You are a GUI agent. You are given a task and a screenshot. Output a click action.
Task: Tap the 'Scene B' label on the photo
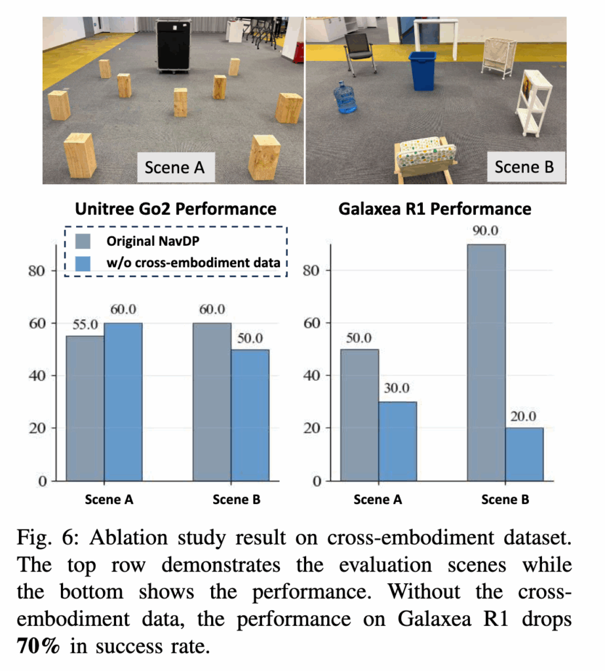(524, 166)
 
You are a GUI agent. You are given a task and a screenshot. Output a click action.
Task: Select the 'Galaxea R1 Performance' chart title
(435, 209)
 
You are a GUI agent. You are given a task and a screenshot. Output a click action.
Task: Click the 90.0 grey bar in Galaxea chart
(486, 360)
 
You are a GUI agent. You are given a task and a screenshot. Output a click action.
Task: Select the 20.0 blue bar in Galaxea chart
(524, 453)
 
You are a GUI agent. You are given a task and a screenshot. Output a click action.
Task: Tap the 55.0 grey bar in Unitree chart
(85, 408)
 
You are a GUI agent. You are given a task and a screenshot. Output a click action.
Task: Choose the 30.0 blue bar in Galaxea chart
(397, 440)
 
